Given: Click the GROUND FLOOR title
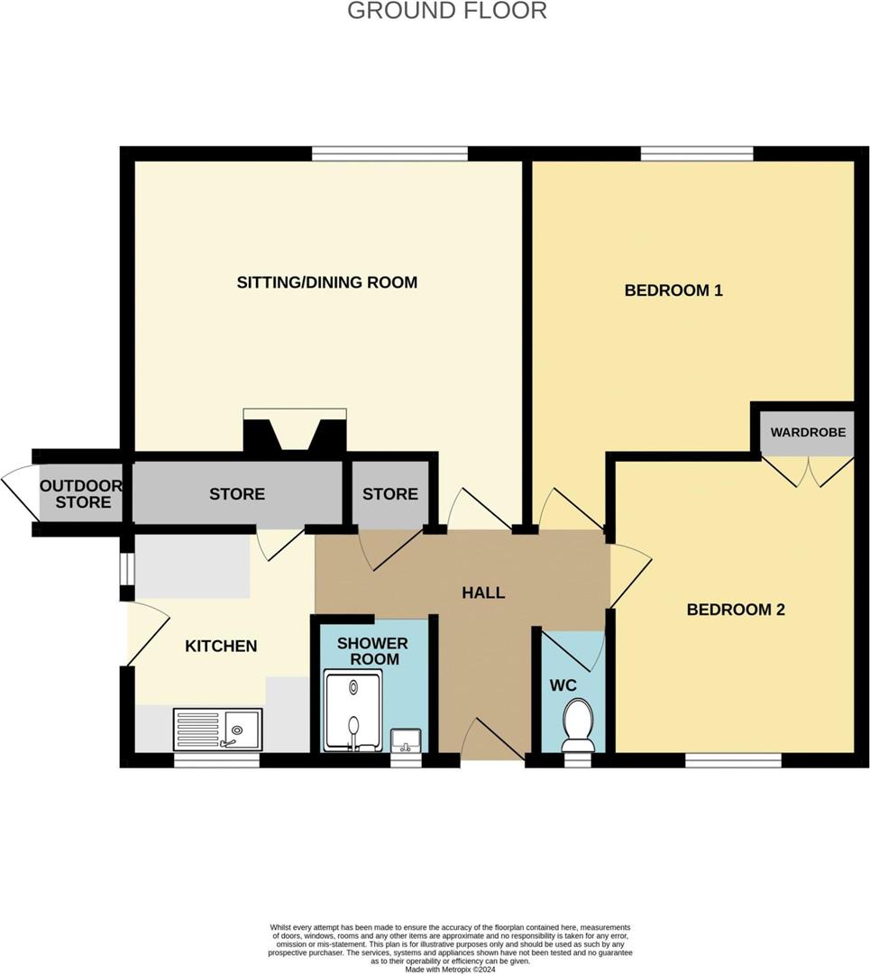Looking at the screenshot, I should tap(446, 11).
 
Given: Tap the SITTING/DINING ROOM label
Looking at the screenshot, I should tap(326, 282).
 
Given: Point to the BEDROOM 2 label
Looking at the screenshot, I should tap(735, 610).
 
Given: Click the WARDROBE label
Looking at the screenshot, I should tap(808, 432).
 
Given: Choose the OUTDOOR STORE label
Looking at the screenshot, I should tap(81, 493).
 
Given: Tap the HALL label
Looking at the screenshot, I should tap(483, 593).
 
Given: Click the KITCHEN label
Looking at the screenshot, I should tap(221, 646).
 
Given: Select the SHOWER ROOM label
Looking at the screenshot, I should tap(372, 651).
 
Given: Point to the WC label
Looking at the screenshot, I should tap(563, 685).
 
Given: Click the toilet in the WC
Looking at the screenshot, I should tap(577, 725).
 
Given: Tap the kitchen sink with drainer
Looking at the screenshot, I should tap(217, 729).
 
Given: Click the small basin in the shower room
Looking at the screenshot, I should tap(407, 740).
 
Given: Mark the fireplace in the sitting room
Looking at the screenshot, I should tap(295, 431).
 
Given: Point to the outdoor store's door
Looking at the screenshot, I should tap(19, 493).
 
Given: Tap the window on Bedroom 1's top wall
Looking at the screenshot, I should tap(697, 153).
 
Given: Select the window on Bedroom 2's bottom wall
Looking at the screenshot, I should tap(732, 760).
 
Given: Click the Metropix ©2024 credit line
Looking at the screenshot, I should tap(450, 969).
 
